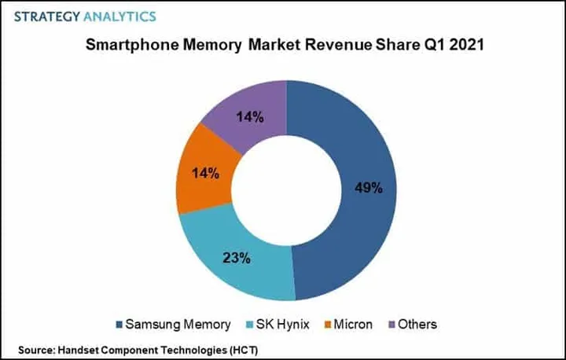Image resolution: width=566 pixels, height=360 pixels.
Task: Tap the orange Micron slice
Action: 200,174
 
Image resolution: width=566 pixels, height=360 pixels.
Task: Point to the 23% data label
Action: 237,257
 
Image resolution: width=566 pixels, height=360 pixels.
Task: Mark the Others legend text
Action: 417,323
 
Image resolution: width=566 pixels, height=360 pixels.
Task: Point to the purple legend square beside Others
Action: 391,324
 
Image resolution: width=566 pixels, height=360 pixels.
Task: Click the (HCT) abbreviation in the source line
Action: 239,348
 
